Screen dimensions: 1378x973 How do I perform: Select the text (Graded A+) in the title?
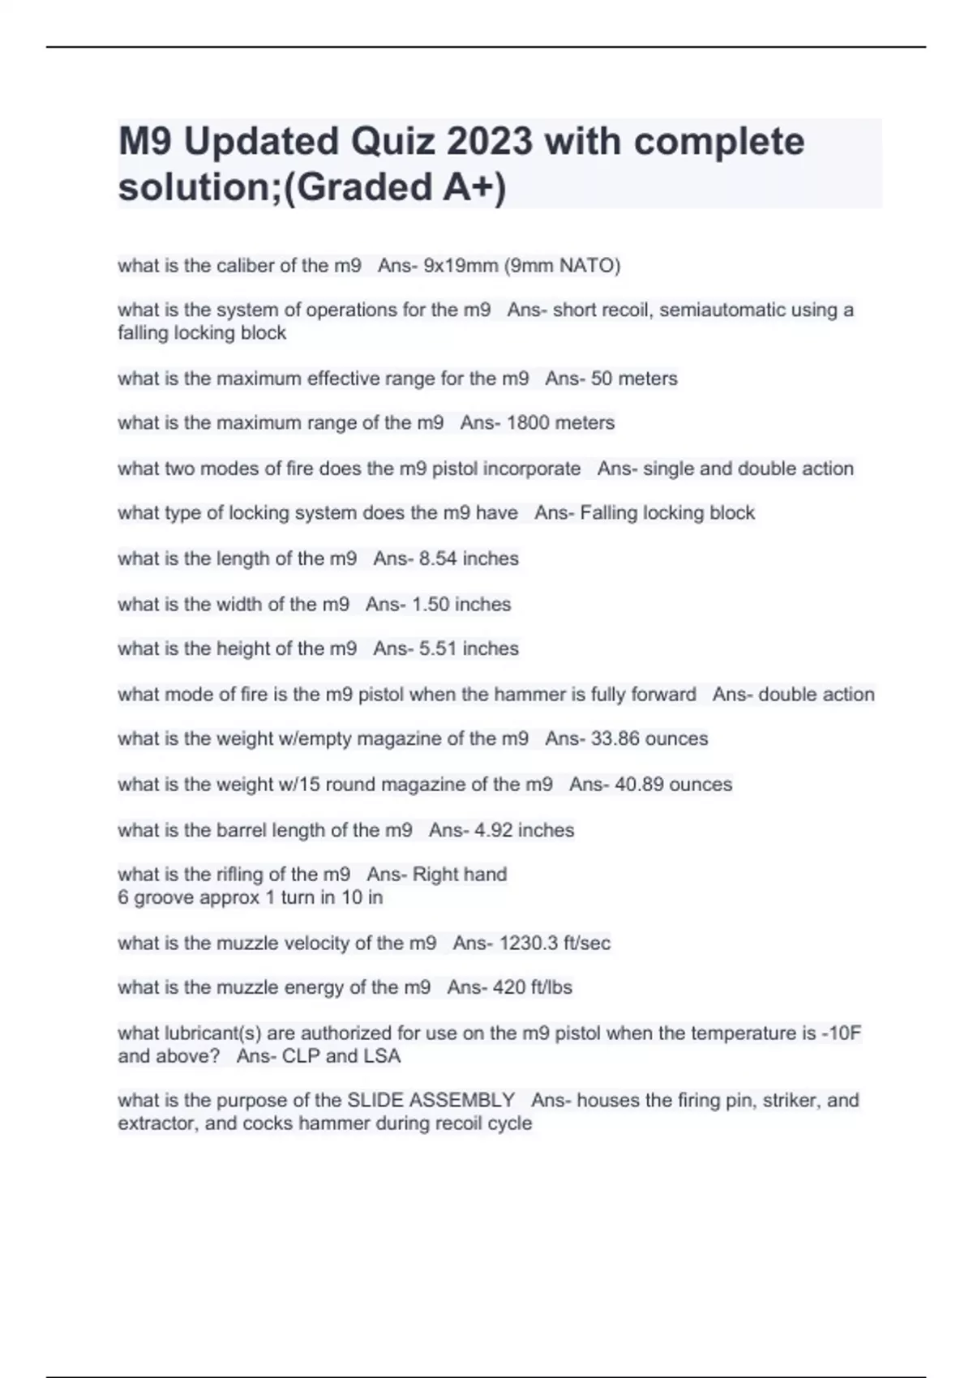pyautogui.click(x=390, y=187)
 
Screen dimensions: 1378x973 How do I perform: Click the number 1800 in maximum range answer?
pyautogui.click(x=528, y=423)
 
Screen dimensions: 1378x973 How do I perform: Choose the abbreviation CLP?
pyautogui.click(x=301, y=1056)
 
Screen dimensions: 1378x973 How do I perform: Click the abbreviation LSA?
pyautogui.click(x=382, y=1056)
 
